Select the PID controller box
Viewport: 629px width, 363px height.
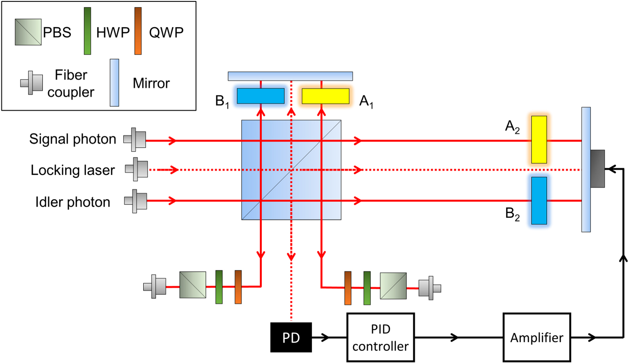click(380, 337)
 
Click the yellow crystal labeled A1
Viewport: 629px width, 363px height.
click(325, 96)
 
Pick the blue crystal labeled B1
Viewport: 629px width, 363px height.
click(260, 96)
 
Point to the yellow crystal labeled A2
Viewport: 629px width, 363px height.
click(539, 139)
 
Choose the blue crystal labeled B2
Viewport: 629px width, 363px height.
click(539, 200)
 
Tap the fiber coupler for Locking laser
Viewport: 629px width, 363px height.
click(136, 170)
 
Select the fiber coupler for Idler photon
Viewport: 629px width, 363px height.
click(135, 201)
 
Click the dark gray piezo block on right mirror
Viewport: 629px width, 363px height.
click(597, 169)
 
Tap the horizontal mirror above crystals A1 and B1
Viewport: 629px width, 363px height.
click(290, 76)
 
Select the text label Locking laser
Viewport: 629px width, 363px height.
click(73, 171)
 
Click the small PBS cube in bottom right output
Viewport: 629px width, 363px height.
click(393, 285)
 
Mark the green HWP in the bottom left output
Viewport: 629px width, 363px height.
click(219, 287)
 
